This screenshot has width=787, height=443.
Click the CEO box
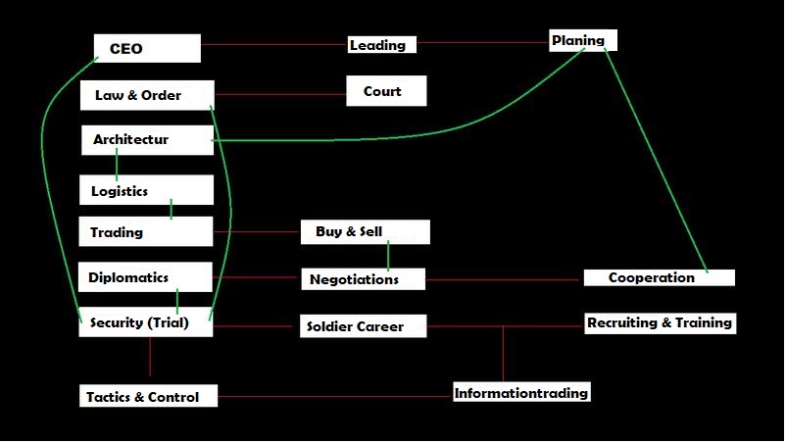147,48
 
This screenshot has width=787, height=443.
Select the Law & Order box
147,95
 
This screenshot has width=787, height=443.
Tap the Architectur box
147,140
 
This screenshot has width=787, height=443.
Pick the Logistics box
146,190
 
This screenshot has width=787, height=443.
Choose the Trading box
145,232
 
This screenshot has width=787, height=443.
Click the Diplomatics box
145,277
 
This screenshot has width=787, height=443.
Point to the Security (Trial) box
145,322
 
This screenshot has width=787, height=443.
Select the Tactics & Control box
148,397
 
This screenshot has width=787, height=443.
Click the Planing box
583,40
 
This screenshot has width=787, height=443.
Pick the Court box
387,92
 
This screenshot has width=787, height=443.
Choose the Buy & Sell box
365,232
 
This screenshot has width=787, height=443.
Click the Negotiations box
363,279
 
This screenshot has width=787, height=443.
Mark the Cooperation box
659,277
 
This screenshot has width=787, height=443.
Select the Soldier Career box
364,326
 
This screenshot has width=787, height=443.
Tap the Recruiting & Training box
660,322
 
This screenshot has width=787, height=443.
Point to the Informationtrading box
521,393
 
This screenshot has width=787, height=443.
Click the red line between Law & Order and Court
279,95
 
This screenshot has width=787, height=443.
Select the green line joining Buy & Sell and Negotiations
388,256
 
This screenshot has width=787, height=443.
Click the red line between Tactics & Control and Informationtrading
333,397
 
